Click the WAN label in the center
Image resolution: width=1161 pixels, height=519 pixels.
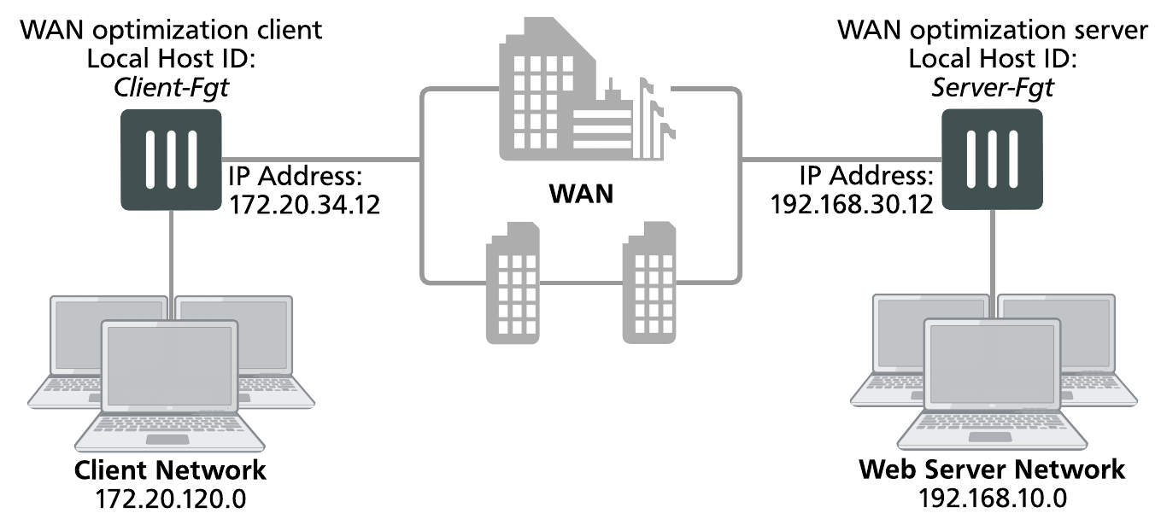[581, 194]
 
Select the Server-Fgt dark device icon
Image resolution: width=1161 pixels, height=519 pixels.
[991, 161]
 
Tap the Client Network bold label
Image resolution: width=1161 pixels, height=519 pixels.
[171, 469]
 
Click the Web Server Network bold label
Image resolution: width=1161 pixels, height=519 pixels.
[991, 469]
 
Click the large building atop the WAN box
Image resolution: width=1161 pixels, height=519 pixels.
[564, 94]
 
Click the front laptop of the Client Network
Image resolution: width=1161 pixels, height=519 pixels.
[168, 384]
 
